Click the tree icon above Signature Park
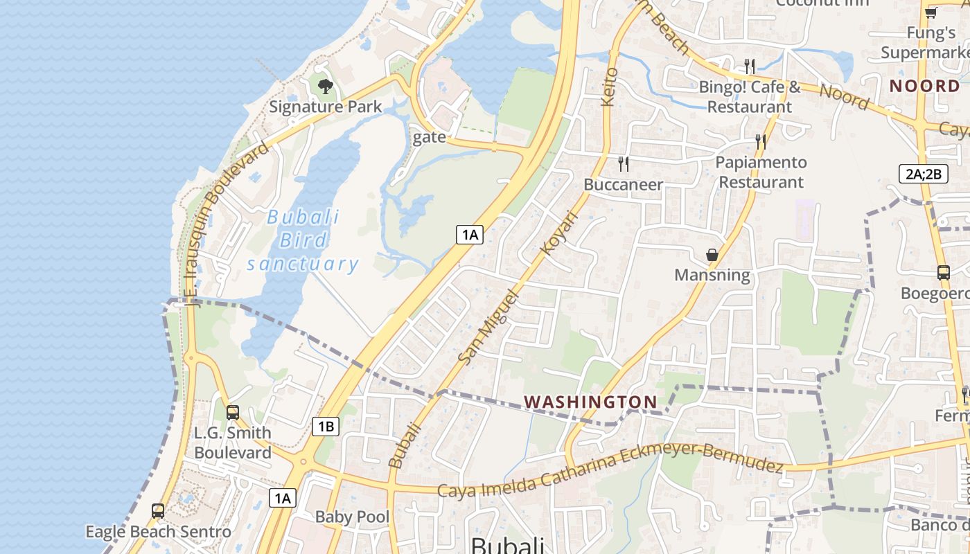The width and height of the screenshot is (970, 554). tap(325, 87)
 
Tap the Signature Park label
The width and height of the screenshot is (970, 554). tap(325, 107)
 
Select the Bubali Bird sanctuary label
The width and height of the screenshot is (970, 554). tap(303, 240)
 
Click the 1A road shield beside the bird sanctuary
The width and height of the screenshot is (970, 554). tap(470, 235)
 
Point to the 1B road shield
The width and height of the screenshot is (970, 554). tap(326, 427)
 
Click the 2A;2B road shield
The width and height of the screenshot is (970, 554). tap(924, 174)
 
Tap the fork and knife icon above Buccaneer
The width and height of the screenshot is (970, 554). tap(624, 164)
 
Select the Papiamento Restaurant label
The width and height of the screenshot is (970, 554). tap(761, 172)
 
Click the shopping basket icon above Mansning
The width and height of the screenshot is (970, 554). tap(712, 255)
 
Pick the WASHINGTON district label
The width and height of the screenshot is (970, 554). tap(590, 402)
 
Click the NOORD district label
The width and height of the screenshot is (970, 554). tap(924, 86)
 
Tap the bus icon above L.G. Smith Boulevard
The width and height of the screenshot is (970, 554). tap(233, 413)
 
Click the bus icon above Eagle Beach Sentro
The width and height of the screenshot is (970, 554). tap(158, 511)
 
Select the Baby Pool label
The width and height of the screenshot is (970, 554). tap(352, 517)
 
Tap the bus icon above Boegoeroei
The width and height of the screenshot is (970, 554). tap(944, 273)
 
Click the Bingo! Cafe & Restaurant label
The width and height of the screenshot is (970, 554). tap(750, 97)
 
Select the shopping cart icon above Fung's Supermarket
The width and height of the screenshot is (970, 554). tap(931, 12)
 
